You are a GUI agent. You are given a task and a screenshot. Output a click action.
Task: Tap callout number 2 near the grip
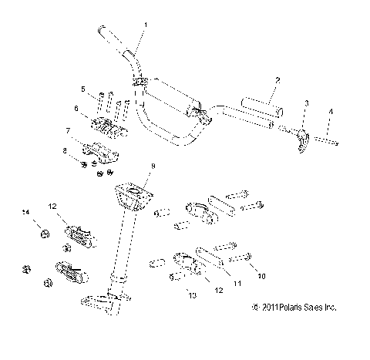(x=277, y=79)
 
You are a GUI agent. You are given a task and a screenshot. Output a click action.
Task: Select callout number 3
(x=307, y=103)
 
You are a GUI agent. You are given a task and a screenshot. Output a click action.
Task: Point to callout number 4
(x=332, y=113)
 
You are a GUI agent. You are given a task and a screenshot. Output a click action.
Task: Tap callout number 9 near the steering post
(x=153, y=166)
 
